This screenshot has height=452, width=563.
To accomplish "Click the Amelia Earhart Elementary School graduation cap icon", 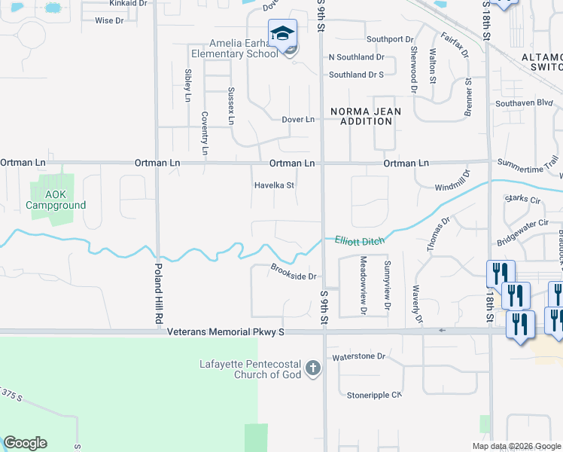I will pyautogui.click(x=282, y=35).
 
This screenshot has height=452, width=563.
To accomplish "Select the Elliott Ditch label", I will pyautogui.click(x=359, y=240).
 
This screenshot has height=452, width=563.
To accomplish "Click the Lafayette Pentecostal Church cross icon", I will pyautogui.click(x=313, y=369).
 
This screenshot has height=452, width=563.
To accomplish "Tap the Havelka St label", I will pyautogui.click(x=274, y=185).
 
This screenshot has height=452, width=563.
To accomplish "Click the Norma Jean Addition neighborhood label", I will pyautogui.click(x=366, y=116).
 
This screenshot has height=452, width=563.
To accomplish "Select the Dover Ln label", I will pyautogui.click(x=297, y=119).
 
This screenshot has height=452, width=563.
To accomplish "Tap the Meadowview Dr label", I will pyautogui.click(x=363, y=286).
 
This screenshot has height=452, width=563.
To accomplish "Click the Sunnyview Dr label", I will pyautogui.click(x=387, y=286).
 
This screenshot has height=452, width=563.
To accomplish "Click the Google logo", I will pyautogui.click(x=25, y=443).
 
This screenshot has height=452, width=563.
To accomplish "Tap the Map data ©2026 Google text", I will pyautogui.click(x=516, y=446).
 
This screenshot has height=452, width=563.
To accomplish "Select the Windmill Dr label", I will pyautogui.click(x=452, y=179).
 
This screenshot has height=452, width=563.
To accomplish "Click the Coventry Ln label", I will pyautogui.click(x=204, y=133).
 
